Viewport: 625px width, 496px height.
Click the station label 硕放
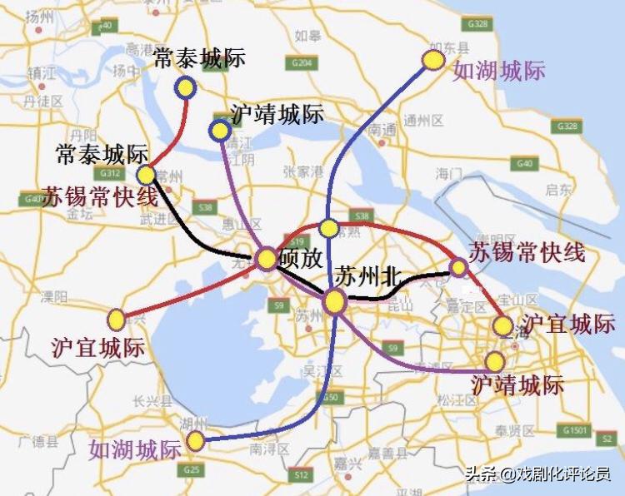[x=301, y=259]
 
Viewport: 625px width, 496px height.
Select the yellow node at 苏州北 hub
[x=335, y=302]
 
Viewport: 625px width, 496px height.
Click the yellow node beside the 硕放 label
[x=267, y=259]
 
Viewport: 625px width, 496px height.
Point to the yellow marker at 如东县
[x=433, y=59]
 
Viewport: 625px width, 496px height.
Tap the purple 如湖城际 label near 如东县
[x=498, y=72]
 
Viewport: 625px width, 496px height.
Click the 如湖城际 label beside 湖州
[x=135, y=450]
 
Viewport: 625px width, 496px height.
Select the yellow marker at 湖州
[x=196, y=440]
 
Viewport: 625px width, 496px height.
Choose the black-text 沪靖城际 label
[x=277, y=115]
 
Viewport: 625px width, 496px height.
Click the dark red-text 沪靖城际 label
[x=517, y=385]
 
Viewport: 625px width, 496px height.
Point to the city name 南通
[x=383, y=130]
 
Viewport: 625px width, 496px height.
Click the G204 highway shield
[x=301, y=63]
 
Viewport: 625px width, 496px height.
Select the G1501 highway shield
[x=575, y=431]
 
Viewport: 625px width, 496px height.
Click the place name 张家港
[x=302, y=172]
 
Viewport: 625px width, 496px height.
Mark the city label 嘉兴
[x=342, y=463]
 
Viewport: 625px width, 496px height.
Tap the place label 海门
[x=448, y=173]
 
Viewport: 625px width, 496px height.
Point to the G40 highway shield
[x=524, y=163]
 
